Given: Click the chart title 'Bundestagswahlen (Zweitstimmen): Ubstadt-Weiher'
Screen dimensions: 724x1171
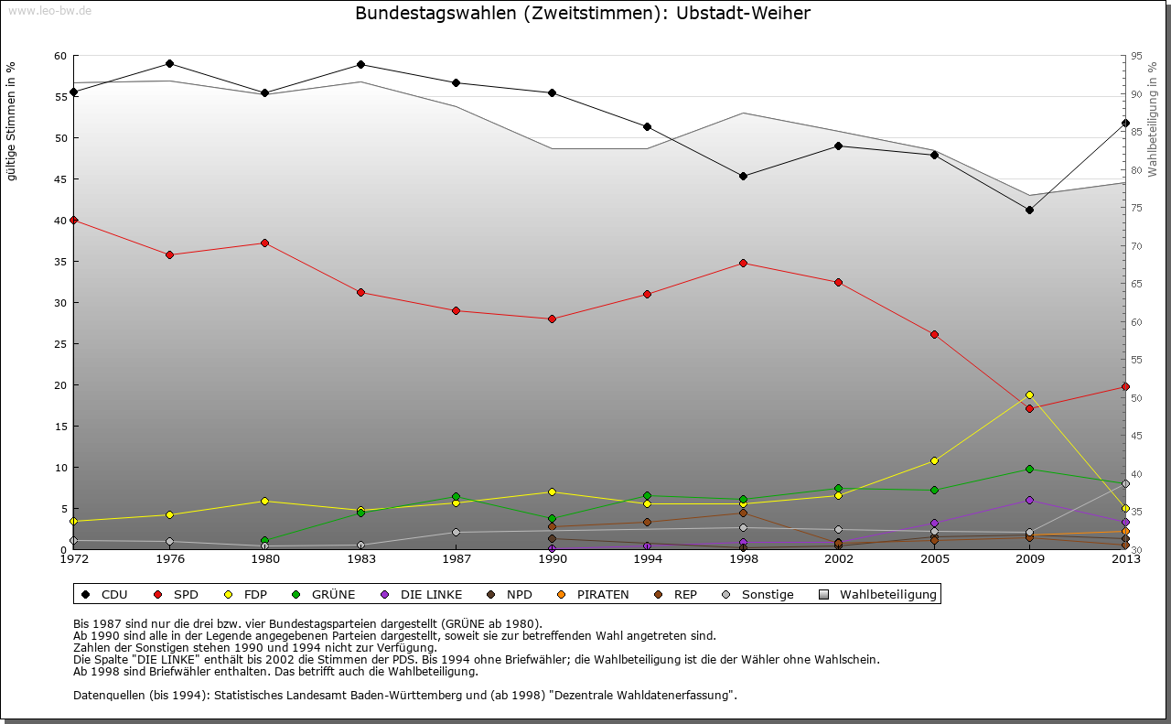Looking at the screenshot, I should click(582, 13).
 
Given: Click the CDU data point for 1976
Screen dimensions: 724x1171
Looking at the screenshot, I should click(169, 63).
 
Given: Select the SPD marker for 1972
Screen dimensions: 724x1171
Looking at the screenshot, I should click(73, 220).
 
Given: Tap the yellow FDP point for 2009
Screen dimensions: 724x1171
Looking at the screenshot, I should click(1029, 394).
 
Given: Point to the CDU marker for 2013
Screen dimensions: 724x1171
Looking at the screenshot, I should click(1125, 123).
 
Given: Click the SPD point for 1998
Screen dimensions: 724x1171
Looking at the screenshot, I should click(743, 263).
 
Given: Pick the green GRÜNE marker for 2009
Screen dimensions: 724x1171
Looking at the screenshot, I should click(1029, 469).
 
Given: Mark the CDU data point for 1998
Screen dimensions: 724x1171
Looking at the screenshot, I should click(743, 176).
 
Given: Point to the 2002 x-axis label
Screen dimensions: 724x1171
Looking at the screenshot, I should click(838, 559).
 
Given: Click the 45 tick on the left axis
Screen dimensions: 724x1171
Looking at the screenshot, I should click(60, 179).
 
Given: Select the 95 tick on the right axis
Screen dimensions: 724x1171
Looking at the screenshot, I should click(1136, 56).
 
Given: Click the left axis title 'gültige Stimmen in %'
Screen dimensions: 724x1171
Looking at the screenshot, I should click(12, 121).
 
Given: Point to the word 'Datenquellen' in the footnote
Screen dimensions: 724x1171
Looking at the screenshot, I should click(111, 695).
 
